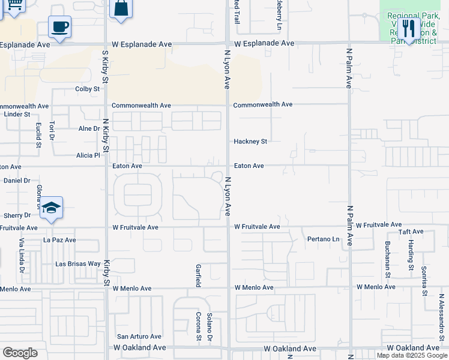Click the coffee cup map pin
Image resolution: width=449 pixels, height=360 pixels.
(x=60, y=28)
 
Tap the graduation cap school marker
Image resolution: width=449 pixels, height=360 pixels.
(x=52, y=208)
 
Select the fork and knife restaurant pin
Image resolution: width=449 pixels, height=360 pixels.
(x=409, y=29)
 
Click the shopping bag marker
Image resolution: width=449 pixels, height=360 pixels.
(x=121, y=8)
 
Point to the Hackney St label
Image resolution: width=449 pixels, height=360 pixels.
(x=250, y=142)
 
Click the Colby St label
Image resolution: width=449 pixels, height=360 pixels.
(x=87, y=89)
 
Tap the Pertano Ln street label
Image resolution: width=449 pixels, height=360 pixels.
(x=324, y=239)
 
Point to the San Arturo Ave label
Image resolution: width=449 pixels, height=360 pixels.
(x=139, y=337)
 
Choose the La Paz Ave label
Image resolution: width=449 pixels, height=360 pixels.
(x=59, y=240)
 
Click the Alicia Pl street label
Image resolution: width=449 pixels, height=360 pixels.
(x=88, y=155)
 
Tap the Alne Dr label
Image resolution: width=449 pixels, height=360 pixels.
(x=89, y=128)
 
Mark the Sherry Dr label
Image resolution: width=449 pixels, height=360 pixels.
(x=17, y=215)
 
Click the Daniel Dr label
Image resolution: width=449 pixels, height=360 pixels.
(x=17, y=180)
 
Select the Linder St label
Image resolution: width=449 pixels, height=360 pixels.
(x=17, y=114)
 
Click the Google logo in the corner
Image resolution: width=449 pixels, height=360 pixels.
(x=20, y=353)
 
